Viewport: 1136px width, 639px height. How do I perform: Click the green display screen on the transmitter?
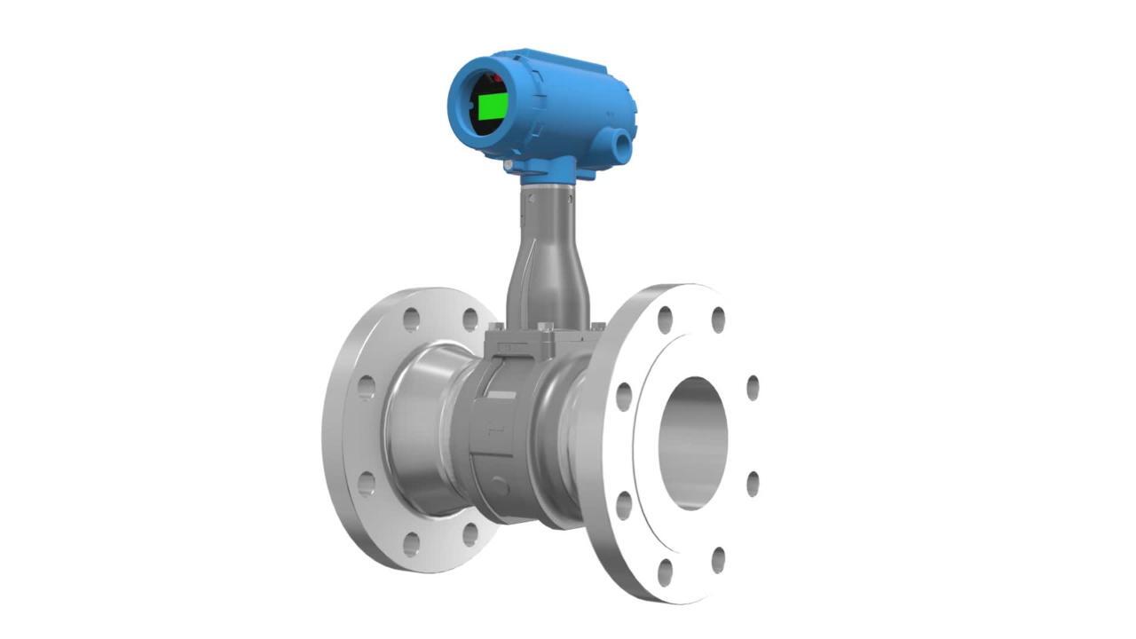coord(492,106)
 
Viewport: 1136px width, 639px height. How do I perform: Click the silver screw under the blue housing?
coord(508,165)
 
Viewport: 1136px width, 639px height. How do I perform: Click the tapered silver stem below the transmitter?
coord(548,257)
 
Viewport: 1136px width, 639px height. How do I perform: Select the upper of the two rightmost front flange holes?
coord(753,388)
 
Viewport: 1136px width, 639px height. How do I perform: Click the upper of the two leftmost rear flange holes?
coord(366,387)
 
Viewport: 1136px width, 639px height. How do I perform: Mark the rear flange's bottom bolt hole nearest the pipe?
coord(469,534)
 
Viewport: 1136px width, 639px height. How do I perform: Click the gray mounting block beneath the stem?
coord(532,343)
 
